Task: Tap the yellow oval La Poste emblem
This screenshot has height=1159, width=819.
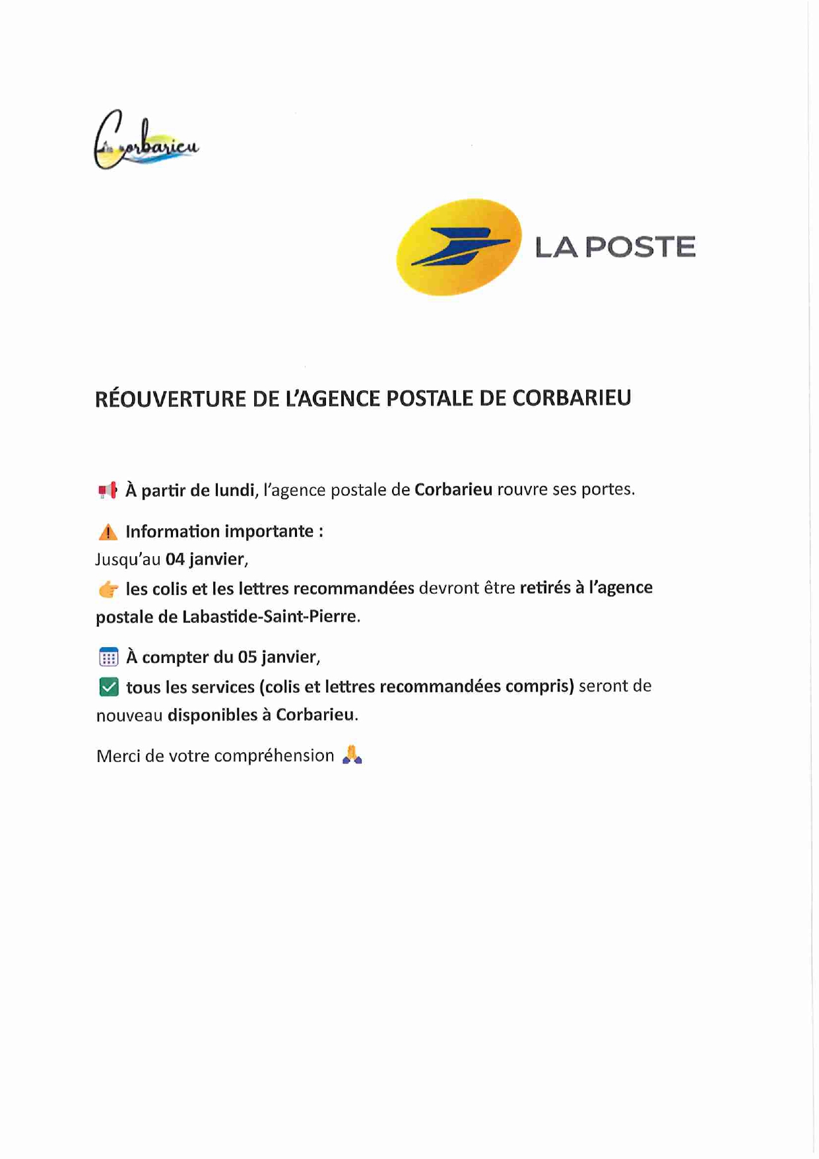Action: click(x=459, y=247)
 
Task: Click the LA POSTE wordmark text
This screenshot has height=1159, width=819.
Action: click(x=614, y=247)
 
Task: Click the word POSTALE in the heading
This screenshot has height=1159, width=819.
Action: click(x=430, y=398)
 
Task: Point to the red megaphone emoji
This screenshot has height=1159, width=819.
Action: click(x=108, y=490)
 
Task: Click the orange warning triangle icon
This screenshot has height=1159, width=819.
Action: click(x=108, y=532)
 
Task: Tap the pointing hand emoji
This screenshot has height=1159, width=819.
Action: click(x=108, y=588)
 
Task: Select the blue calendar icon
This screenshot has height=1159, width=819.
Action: click(x=108, y=657)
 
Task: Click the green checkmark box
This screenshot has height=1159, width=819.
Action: click(x=108, y=687)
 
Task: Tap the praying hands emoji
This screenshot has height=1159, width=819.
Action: click(x=352, y=755)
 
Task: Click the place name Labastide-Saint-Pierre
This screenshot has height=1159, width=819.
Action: click(x=269, y=616)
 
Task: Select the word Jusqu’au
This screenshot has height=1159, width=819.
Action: click(x=128, y=559)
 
